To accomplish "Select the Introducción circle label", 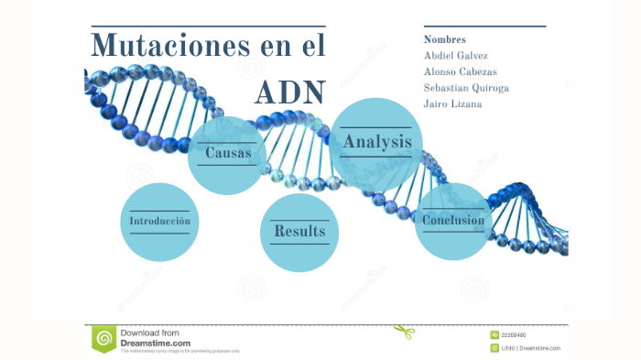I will click(x=159, y=222).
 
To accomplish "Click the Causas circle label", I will click(x=228, y=153).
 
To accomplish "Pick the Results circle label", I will click(x=299, y=232).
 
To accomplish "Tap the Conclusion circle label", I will click(x=453, y=220).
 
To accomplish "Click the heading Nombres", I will click(x=445, y=40).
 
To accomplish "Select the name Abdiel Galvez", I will click(x=456, y=56).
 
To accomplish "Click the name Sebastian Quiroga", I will click(x=466, y=88).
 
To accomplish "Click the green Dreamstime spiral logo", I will click(x=103, y=339).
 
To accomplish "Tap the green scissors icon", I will click(x=404, y=331).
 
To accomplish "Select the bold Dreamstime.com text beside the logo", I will click(x=156, y=343).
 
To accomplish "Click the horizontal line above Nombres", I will click(x=484, y=27).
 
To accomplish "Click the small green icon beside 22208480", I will click(x=494, y=335).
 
